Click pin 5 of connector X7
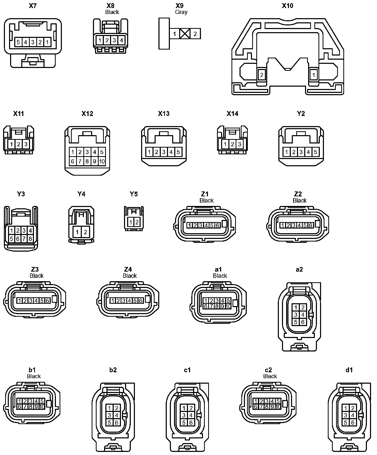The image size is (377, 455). tap(18, 42)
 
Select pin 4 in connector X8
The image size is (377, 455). tap(121, 40)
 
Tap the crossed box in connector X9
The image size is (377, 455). tap(185, 34)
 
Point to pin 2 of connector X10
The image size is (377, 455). tap(262, 75)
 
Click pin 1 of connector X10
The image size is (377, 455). tap(314, 75)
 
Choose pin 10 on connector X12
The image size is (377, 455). tap(102, 161)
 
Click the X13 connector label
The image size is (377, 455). tap(164, 114)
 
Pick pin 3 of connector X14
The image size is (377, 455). tap(240, 144)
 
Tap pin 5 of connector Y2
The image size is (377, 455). tap(315, 152)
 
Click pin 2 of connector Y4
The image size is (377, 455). tap(85, 232)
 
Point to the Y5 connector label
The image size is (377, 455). tap(134, 194)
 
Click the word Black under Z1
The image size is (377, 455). tap(206, 201)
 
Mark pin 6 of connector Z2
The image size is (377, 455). tap(310, 225)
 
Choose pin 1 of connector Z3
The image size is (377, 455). tap(19, 301)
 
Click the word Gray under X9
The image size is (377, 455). tap(181, 12)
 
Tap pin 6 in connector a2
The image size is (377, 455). tap(303, 322)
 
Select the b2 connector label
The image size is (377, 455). tap(113, 370)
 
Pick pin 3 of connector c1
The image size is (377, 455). tap(184, 415)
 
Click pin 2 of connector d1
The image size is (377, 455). tap(353, 408)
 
